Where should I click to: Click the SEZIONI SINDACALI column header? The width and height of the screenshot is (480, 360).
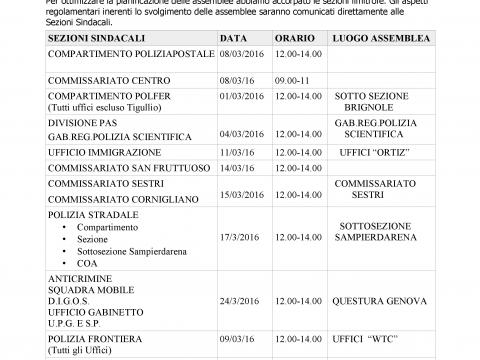[94, 37]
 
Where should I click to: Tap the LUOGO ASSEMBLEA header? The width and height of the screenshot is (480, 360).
[375, 37]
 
